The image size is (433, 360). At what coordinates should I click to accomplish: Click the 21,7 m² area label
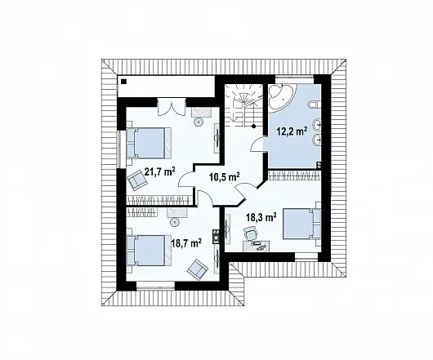point(160,172)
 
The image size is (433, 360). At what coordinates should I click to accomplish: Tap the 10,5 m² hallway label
point(224,176)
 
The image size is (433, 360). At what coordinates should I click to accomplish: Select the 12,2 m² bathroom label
point(292,131)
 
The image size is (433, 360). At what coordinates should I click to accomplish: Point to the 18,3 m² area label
point(261,217)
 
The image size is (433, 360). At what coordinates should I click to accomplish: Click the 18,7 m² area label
point(186,243)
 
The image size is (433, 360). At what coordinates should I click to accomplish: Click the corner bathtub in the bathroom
point(283,96)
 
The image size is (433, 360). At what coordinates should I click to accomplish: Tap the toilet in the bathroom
point(315,104)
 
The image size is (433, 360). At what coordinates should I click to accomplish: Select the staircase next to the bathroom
point(243,105)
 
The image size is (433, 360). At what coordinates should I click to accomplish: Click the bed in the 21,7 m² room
point(149,143)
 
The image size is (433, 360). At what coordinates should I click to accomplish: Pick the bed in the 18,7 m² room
point(149,251)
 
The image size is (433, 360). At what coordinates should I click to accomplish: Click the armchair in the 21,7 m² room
point(136,180)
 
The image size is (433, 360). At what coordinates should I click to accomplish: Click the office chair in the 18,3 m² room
point(251,233)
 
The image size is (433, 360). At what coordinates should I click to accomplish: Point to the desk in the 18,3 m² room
point(257,246)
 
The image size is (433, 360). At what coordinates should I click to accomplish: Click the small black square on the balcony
point(123,82)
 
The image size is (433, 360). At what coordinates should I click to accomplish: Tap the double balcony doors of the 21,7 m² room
point(172,108)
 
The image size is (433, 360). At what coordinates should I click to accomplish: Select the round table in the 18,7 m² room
point(175,222)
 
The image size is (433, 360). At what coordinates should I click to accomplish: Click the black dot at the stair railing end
point(253,127)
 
